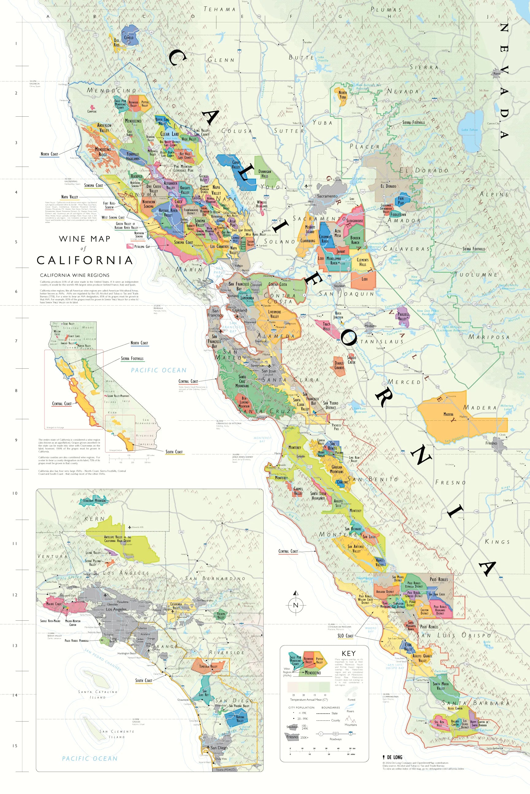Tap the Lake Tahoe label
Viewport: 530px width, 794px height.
(x=470, y=130)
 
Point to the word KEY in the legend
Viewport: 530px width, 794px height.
(x=349, y=653)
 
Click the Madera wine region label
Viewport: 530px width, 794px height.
(x=448, y=414)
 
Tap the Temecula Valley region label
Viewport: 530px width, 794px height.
(x=208, y=666)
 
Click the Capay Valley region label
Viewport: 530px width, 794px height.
(x=236, y=164)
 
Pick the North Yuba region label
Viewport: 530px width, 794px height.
(x=342, y=95)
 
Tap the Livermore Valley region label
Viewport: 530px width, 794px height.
(x=274, y=314)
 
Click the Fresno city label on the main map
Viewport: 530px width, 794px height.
(x=491, y=443)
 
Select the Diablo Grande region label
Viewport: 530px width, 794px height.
(x=339, y=365)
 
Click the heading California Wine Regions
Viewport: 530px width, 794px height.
(x=75, y=275)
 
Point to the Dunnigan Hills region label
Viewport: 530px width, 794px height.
(x=265, y=174)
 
